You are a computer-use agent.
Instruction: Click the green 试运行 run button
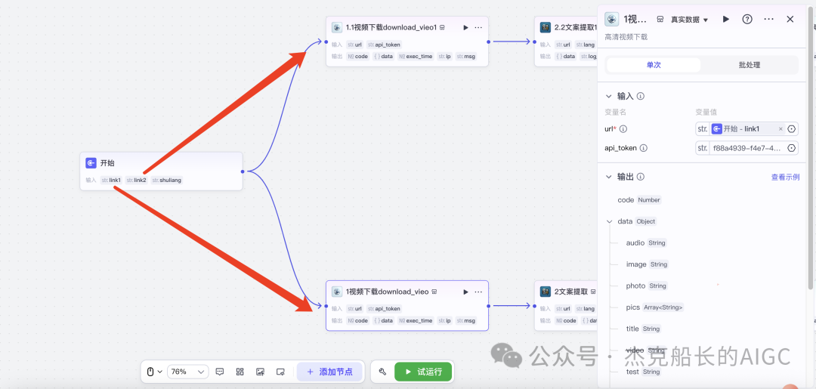coord(423,372)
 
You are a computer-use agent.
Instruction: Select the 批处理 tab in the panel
coord(749,65)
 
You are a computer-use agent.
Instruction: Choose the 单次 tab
coord(653,65)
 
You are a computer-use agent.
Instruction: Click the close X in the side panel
coord(790,19)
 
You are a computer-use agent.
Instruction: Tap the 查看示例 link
coord(785,178)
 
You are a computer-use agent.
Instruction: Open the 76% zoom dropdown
coord(187,372)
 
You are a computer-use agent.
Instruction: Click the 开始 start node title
coord(107,162)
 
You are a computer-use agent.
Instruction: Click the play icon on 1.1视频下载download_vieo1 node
coord(465,27)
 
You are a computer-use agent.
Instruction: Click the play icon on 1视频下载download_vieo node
coord(465,292)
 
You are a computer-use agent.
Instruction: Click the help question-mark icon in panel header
coord(747,19)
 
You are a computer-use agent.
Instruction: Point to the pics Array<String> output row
coord(654,307)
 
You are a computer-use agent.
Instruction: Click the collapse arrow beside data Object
coord(610,221)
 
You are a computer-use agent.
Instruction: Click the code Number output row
coord(639,200)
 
